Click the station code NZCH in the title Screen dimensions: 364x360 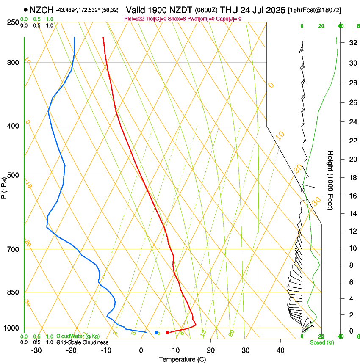(x=42, y=9)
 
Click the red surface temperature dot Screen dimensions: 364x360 (x=168, y=333)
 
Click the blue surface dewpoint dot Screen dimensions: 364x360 (x=156, y=333)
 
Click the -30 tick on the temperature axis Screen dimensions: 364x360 (x=36, y=350)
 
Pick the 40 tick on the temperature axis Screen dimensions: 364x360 (x=280, y=350)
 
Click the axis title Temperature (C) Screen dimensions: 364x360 (x=182, y=360)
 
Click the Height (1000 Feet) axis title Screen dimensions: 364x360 (x=331, y=180)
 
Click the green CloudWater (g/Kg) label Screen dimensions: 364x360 (x=78, y=336)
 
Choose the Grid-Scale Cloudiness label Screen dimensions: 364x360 (x=82, y=342)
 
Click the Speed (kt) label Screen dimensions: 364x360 (x=321, y=342)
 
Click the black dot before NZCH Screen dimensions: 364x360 (x=26, y=9)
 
